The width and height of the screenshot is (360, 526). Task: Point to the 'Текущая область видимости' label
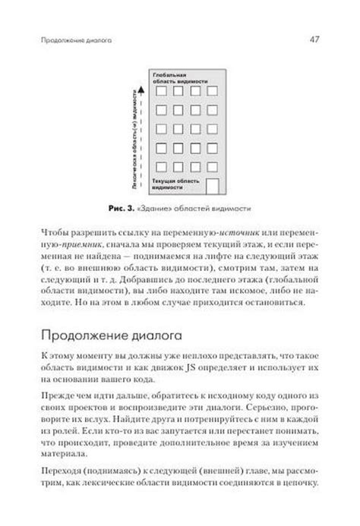coord(177,184)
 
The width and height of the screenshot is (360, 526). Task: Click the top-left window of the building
coord(159,93)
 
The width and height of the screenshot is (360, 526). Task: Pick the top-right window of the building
coord(212,93)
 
